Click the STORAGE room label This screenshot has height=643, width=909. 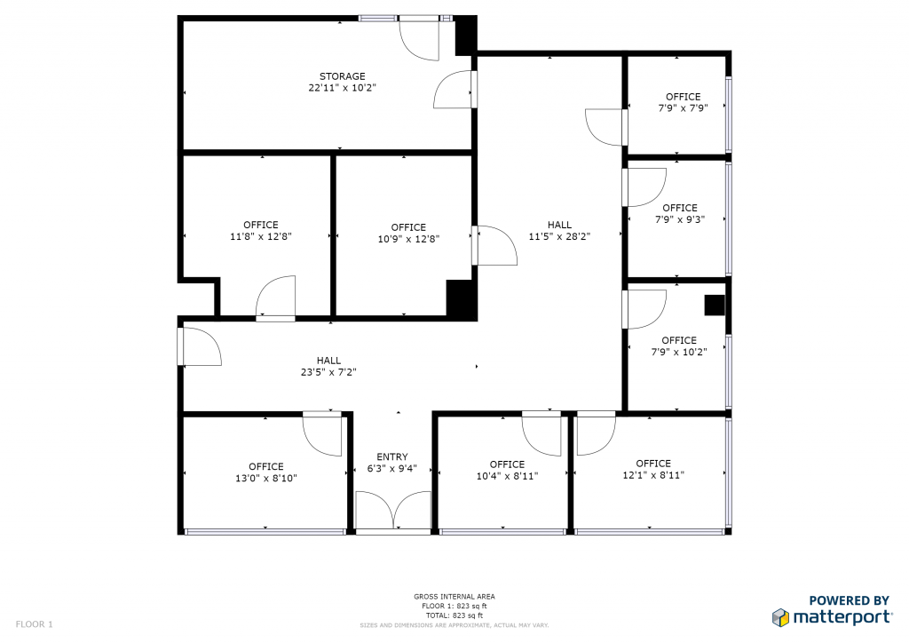(x=342, y=76)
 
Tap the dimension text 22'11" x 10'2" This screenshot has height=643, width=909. (x=342, y=88)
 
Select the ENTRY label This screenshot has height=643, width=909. (x=391, y=456)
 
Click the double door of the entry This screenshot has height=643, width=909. (x=393, y=510)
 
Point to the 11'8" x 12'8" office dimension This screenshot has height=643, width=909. (x=261, y=236)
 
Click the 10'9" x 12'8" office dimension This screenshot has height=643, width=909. (x=408, y=239)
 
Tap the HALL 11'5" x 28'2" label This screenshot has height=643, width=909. (x=559, y=230)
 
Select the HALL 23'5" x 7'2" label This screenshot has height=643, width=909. (x=328, y=366)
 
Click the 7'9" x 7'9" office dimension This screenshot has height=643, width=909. (x=683, y=107)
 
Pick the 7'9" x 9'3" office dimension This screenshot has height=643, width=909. (x=680, y=219)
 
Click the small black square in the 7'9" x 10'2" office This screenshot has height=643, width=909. (x=715, y=305)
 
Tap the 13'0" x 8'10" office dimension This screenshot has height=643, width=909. (x=266, y=479)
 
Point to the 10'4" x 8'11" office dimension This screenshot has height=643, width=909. (x=507, y=476)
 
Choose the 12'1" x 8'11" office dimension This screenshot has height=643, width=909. (x=653, y=475)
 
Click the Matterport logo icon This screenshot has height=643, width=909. (x=780, y=617)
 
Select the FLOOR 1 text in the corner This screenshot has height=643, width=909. (x=35, y=624)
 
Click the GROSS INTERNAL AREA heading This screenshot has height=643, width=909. (x=454, y=597)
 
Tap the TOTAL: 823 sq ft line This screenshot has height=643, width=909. (x=454, y=615)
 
